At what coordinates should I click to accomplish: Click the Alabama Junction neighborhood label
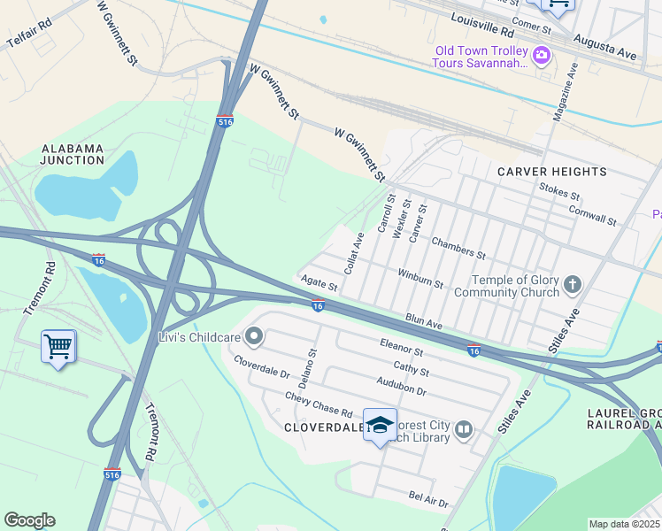pyautogui.click(x=73, y=155)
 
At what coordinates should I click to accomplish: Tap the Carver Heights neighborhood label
pyautogui.click(x=551, y=171)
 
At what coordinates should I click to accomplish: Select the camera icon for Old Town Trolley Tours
pyautogui.click(x=543, y=58)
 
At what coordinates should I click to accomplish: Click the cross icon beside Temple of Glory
pyautogui.click(x=573, y=285)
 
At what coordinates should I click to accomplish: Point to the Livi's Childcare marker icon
pyautogui.click(x=254, y=335)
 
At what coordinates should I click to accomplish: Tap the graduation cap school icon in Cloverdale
pyautogui.click(x=380, y=425)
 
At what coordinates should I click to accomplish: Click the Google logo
pyautogui.click(x=29, y=520)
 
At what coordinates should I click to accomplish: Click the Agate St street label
pyautogui.click(x=319, y=283)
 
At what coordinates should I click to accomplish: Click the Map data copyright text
pyautogui.click(x=625, y=524)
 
